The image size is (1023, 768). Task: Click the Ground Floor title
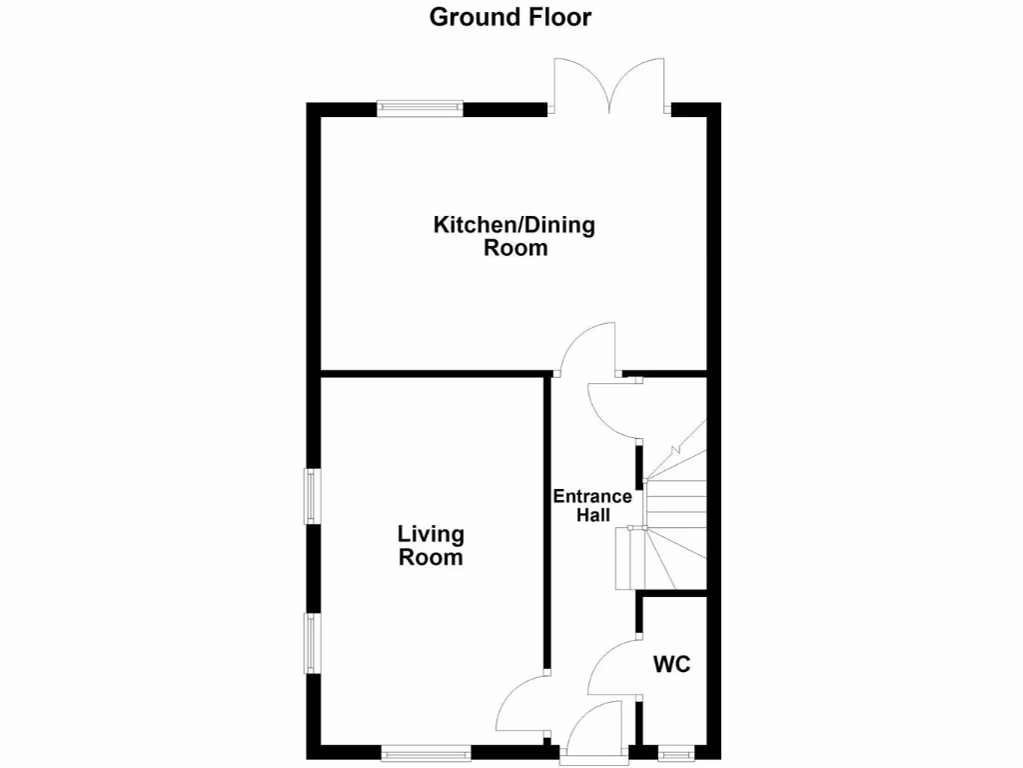coord(511,17)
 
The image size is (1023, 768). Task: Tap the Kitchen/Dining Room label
coord(513,236)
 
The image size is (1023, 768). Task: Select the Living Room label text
coord(431,546)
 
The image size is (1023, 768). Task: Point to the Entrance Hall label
coord(592,505)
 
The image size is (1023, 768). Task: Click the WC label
coord(672,664)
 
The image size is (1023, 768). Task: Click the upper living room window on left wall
coord(313,495)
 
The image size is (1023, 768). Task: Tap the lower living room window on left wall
coord(313,643)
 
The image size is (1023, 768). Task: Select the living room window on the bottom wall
coord(427,753)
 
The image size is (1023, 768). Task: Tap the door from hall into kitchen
coord(587,350)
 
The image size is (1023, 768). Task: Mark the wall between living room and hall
coord(546,520)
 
